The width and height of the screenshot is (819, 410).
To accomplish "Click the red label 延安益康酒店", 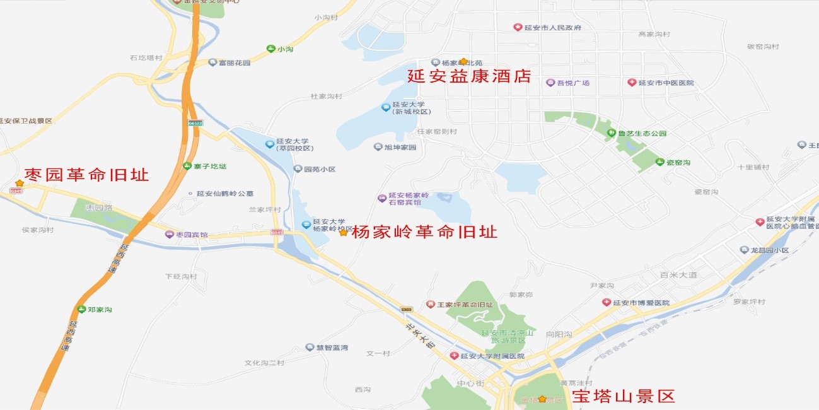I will coord(468,77).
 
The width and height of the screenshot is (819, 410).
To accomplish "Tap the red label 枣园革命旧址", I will coord(86,175).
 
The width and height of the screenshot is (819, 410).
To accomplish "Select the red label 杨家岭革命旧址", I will coord(424,232).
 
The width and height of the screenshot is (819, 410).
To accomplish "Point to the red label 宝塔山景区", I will coord(623,397).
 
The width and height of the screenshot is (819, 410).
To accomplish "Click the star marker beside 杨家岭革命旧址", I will coord(343,233).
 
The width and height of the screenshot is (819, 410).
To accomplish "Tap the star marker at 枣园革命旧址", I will coord(20,183).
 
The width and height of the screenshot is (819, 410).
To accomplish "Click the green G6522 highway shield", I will coord(195,123).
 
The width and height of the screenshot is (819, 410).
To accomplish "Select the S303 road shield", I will coord(406,309).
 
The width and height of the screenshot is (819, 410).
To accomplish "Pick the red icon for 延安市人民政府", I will coord(518,27).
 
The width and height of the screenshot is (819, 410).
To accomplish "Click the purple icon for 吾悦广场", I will coord(550,83).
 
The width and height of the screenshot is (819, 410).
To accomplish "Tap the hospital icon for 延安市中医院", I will coord(632,83).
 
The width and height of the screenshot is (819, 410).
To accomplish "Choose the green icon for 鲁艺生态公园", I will coord(611,133).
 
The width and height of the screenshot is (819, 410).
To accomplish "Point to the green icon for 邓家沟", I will coord(81,309).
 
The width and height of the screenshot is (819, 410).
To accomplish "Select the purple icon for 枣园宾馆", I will coord(169,235).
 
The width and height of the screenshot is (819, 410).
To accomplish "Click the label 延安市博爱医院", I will coord(641,303).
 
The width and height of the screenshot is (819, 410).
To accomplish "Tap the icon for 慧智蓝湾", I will coord(310,348).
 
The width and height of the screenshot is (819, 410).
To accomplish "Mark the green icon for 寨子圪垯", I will coord(187,166).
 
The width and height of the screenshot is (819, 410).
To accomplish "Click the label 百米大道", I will coord(678,275).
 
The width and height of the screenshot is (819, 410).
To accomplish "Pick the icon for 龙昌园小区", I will coord(744,250).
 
